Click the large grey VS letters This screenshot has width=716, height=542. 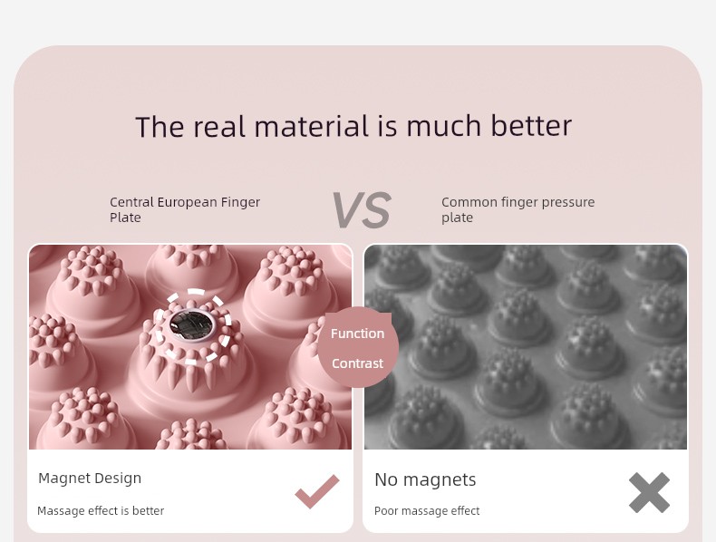[362, 210]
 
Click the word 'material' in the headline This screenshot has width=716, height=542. [312, 127]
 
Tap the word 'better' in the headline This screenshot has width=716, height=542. [531, 126]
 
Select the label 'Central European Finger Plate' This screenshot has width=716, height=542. [185, 209]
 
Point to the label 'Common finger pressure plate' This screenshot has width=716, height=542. [518, 209]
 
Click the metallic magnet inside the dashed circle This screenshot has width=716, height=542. [191, 324]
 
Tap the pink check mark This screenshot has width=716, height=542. [317, 491]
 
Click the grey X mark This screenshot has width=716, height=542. [649, 493]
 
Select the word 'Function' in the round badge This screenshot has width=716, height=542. [357, 334]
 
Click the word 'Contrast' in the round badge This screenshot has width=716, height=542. [357, 363]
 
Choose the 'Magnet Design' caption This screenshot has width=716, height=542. [90, 479]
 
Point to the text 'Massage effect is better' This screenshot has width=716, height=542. [101, 510]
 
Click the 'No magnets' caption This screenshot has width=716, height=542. [425, 479]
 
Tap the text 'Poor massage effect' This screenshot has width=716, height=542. [427, 510]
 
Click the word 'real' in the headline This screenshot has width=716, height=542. [219, 127]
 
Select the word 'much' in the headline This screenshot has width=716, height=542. [444, 126]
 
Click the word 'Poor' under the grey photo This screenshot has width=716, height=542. [386, 510]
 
